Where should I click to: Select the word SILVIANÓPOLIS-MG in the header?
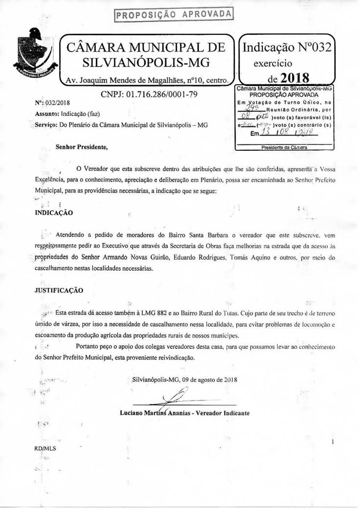[146, 63]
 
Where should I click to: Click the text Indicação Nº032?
[287, 47]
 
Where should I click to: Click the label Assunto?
[46, 114]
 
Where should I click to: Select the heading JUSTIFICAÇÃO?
[59, 290]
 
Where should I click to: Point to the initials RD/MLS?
[45, 448]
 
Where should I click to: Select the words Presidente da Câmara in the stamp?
[284, 147]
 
